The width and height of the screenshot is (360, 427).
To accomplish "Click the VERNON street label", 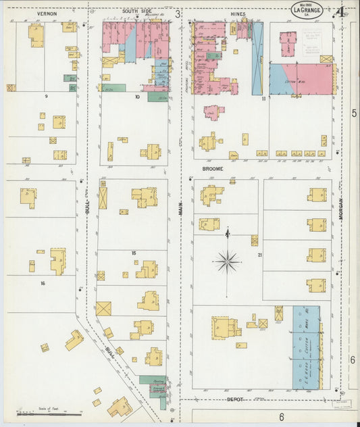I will [47, 14].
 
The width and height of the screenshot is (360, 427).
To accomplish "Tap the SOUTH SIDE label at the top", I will [138, 12].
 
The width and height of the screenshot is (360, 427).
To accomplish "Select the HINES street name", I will [238, 14].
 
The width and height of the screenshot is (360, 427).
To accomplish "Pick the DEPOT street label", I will [234, 399].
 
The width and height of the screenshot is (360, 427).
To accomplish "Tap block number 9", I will [46, 97].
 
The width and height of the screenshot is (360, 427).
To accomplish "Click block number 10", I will [136, 97].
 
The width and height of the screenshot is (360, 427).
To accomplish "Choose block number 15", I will [134, 253].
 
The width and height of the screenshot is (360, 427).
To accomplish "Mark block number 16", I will [43, 283].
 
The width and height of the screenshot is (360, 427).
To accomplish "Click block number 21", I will [259, 254].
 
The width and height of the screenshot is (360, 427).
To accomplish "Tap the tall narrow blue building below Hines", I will [257, 59].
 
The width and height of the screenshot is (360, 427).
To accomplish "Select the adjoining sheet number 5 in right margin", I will [353, 113].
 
